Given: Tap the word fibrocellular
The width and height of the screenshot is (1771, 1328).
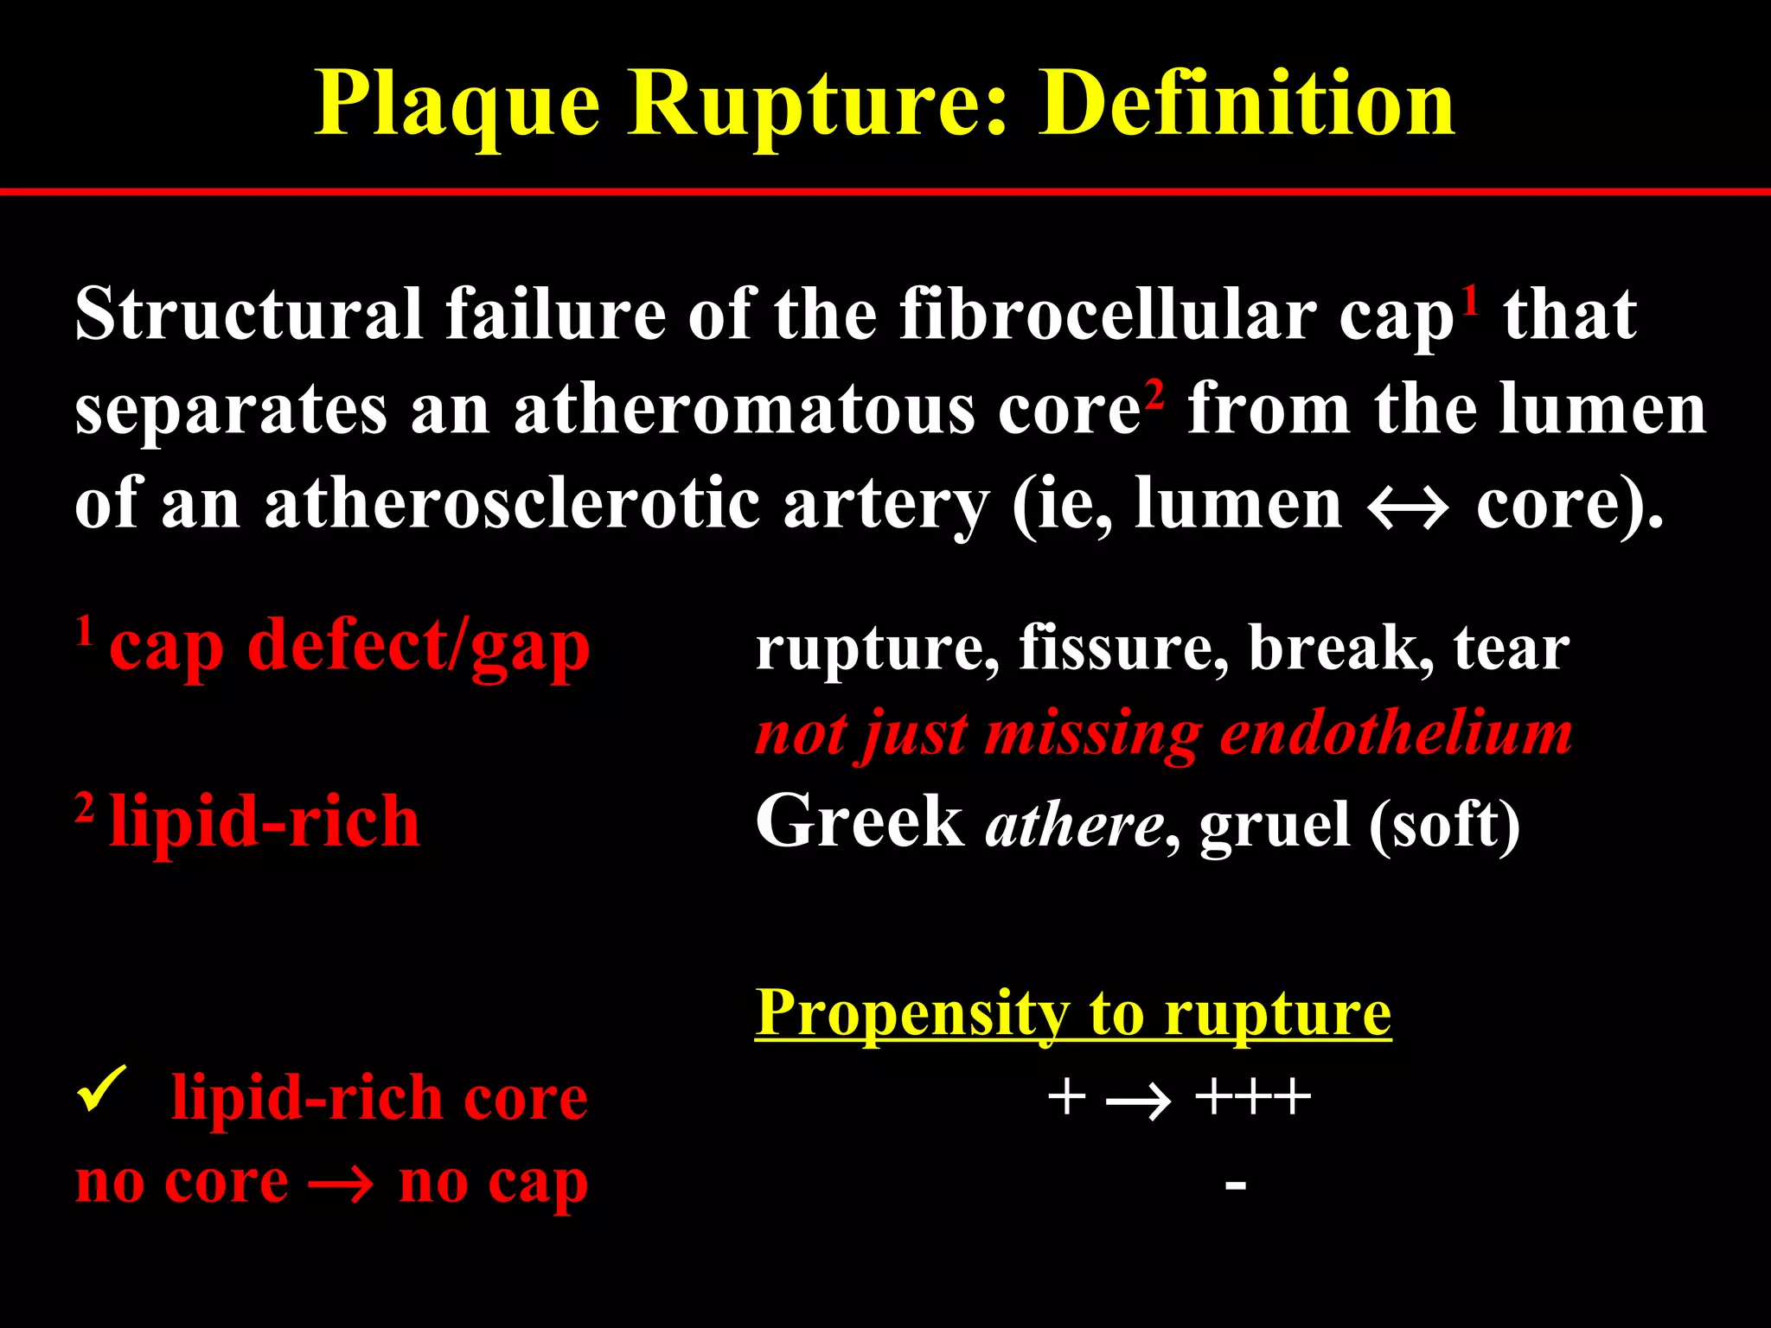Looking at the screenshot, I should coord(1109,315).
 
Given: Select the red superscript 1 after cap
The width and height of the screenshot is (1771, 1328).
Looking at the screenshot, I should coord(1469,302).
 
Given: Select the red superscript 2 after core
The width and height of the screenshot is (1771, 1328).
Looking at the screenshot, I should coord(1154,395).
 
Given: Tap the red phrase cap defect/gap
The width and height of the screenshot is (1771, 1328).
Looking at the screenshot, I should coord(349,648).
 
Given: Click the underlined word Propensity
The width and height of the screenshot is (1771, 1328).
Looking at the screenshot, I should coord(912,1012).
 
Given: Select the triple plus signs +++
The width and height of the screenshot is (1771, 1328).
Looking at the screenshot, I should coord(1251,1098).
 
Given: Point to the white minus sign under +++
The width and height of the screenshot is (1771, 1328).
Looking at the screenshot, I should coord(1235,1184).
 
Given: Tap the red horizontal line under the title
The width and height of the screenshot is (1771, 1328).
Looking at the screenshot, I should coord(885,191).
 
